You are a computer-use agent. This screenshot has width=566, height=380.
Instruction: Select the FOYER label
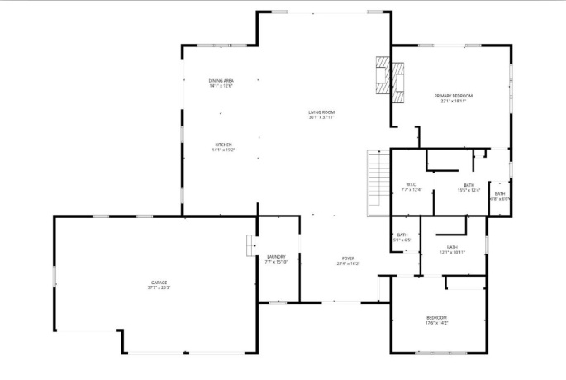pos(347,258)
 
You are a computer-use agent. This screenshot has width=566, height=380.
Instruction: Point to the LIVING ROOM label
pos(321,112)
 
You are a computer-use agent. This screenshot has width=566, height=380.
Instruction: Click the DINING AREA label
pos(221,80)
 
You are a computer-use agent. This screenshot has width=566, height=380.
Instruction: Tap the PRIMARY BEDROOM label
pos(454,96)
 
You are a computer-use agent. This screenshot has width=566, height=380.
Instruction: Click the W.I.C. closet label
pos(411,184)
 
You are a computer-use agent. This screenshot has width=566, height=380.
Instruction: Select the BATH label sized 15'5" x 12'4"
pos(469,185)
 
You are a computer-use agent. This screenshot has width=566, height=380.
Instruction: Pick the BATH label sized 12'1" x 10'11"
pos(452,247)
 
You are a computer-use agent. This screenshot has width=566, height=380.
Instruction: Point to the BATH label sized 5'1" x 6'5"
pos(402,235)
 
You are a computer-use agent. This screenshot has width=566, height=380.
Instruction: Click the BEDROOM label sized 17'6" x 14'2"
pos(436,318)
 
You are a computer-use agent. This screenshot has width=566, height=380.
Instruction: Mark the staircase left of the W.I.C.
pos(378,181)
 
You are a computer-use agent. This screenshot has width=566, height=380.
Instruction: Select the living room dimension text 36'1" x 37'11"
pos(321,117)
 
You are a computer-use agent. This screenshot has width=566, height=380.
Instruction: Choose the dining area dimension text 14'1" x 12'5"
pos(221,85)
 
